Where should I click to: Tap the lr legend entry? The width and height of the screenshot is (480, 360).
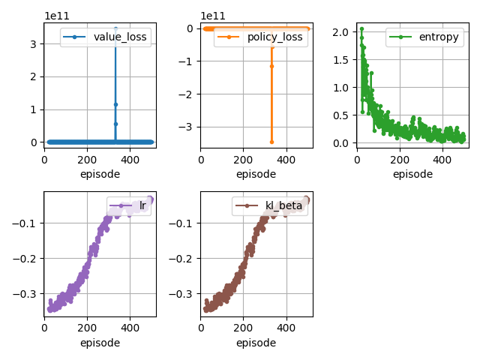[129, 205]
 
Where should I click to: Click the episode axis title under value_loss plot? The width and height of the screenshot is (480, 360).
[100, 174]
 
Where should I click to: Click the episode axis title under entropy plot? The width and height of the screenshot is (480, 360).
[412, 174]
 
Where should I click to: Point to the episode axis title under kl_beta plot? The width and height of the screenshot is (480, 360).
[256, 343]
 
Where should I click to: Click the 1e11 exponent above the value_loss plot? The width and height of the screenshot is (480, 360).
[56, 16]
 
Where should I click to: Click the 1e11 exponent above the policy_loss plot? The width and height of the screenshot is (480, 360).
[213, 16]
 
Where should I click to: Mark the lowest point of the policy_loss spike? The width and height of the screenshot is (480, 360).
[271, 142]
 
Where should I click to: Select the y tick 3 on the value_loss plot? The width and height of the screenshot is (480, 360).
[34, 44]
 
